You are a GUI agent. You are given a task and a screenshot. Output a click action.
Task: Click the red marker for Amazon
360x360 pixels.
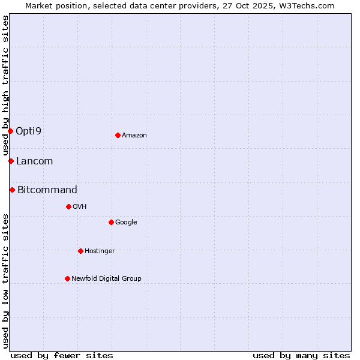tap(118, 135)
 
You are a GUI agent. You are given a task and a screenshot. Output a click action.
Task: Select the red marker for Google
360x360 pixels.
tap(111, 222)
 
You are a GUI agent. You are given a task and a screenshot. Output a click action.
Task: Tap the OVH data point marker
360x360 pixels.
tap(68, 206)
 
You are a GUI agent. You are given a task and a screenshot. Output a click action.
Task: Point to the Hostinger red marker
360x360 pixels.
tap(80, 251)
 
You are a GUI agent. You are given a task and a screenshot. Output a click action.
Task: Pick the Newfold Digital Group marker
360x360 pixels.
tap(67, 278)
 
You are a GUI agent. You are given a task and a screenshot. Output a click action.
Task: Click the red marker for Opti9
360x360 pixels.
tap(10, 131)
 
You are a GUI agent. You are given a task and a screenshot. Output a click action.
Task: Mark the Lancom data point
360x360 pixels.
tap(11, 161)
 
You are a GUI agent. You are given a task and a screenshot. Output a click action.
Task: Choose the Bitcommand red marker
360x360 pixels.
tap(12, 190)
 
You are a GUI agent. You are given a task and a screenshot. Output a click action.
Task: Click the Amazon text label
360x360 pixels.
tap(134, 136)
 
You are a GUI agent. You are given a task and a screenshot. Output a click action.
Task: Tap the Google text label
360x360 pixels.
tap(126, 223)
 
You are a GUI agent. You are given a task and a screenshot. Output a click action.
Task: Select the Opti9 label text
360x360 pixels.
tap(28, 131)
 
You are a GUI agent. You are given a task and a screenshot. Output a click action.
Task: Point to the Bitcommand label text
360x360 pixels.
tap(47, 190)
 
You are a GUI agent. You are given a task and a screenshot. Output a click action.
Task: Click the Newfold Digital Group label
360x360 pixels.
tap(106, 278)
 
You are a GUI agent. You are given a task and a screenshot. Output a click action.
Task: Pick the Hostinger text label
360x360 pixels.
tap(100, 251)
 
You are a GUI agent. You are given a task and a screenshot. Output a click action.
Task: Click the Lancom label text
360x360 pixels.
tap(34, 161)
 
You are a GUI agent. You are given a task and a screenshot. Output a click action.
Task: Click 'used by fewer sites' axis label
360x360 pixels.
tap(62, 355)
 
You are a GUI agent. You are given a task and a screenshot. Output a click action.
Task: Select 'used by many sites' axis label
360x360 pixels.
tap(301, 355)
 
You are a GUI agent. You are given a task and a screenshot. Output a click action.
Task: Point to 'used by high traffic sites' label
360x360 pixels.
tap(5, 86)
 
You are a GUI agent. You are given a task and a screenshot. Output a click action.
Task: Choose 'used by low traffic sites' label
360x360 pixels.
tap(5, 280)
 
